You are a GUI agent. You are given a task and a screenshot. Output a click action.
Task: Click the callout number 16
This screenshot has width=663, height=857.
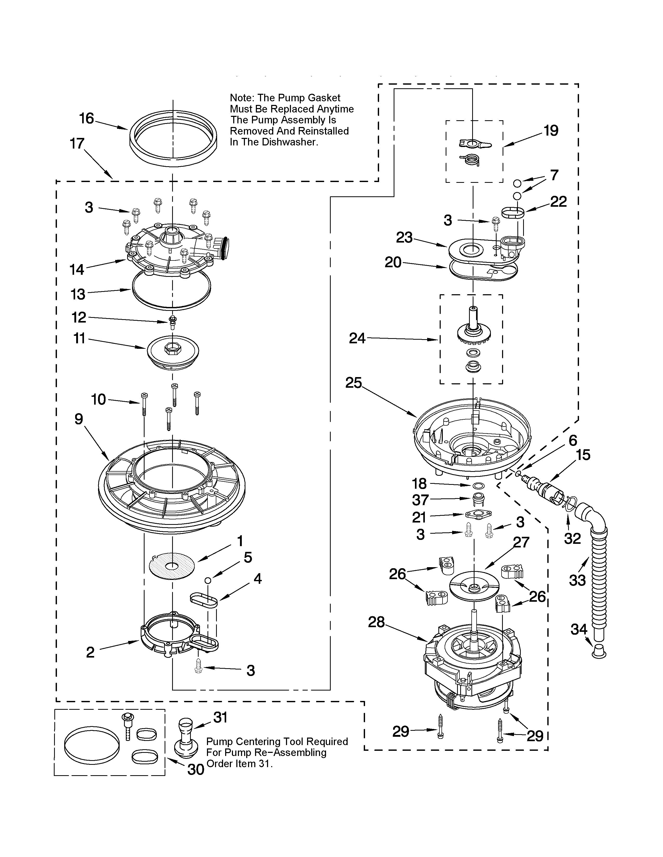(x=86, y=118)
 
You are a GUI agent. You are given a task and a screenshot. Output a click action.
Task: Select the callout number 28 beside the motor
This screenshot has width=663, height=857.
(x=376, y=622)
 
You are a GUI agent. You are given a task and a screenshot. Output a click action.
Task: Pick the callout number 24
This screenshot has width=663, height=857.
(x=357, y=338)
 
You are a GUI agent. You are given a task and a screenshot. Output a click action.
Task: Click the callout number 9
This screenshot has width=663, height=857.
(x=79, y=419)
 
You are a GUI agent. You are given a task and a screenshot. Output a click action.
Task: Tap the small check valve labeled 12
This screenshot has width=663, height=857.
(x=172, y=322)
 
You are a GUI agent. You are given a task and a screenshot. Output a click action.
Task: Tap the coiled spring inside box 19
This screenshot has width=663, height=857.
(x=471, y=160)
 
